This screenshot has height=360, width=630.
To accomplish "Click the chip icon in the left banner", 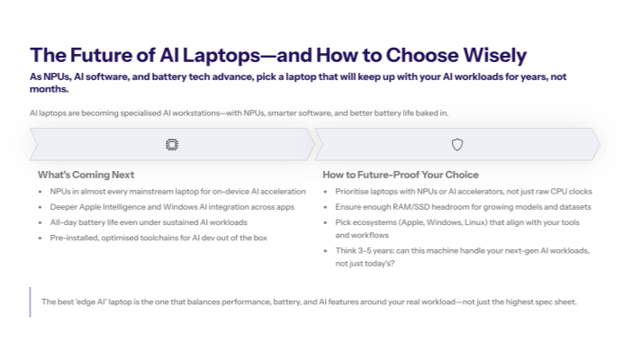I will (x=172, y=144).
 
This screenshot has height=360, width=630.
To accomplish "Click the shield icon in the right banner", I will (x=457, y=144).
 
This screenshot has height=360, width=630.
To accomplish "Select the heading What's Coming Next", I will (x=85, y=175).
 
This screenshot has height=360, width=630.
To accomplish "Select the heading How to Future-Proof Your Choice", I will (x=400, y=175).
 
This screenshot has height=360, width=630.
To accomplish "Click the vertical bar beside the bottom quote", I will (x=30, y=301).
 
